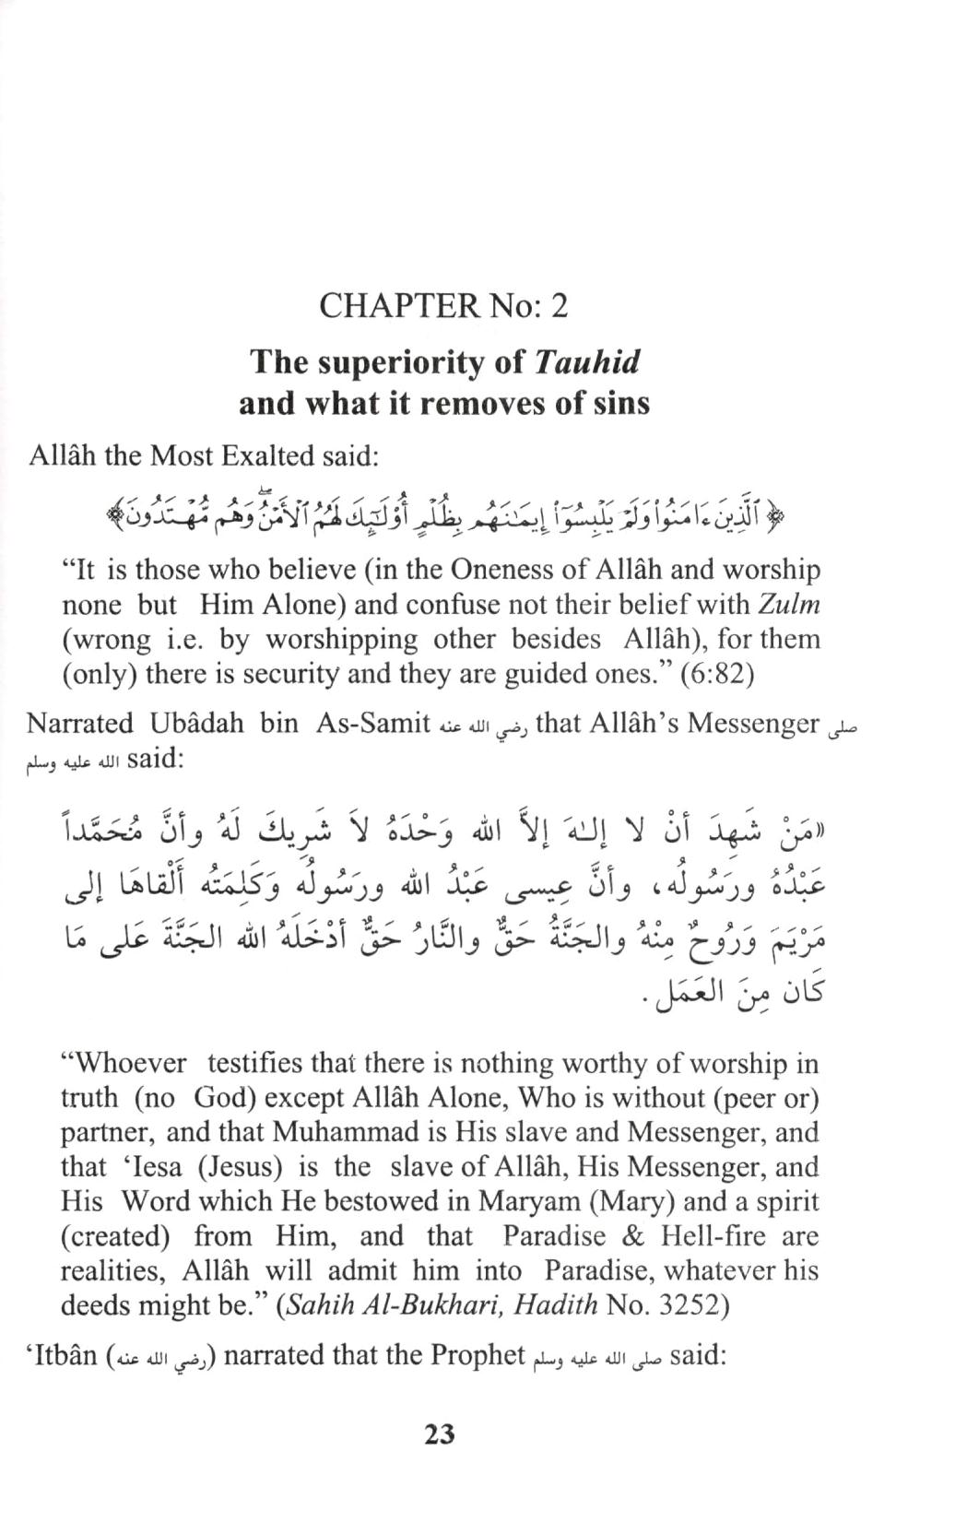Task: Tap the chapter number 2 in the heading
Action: tap(558, 305)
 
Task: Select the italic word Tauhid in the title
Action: tap(586, 361)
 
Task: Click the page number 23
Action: tap(440, 1434)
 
